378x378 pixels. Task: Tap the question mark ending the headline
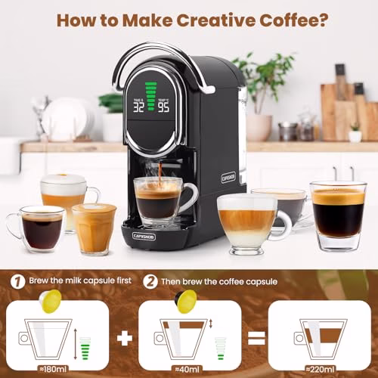[x=322, y=20]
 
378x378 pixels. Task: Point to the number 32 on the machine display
[x=138, y=107]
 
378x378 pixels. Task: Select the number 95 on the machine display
[x=163, y=107]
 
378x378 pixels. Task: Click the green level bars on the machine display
[x=151, y=96]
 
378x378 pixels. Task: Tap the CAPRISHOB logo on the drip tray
[x=144, y=237]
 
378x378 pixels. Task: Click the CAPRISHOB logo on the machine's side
[x=228, y=178]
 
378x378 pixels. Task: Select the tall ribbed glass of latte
[x=94, y=228]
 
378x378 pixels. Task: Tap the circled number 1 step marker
[x=18, y=281]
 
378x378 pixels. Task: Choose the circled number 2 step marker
[x=150, y=281]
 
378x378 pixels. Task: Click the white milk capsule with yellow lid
[x=51, y=301]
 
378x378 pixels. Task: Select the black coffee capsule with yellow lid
[x=186, y=302]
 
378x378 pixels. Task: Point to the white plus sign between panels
[x=125, y=339]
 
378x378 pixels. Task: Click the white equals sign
[x=256, y=339]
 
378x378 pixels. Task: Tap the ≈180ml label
[x=53, y=370]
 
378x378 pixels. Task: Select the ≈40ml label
[x=187, y=370]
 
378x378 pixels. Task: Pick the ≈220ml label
[x=320, y=370]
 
